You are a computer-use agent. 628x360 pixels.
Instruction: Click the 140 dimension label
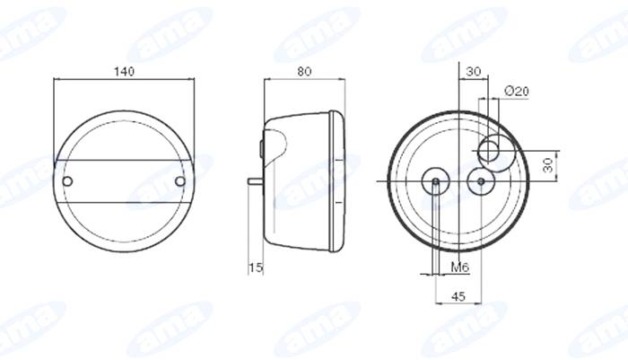click(x=125, y=72)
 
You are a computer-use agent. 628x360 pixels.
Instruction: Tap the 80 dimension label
click(x=304, y=72)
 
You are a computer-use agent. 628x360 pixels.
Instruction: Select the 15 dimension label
click(x=256, y=268)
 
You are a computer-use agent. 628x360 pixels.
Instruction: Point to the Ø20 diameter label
click(x=517, y=92)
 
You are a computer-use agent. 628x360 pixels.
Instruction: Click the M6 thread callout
click(x=459, y=267)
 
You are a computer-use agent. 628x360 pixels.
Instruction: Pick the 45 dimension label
click(x=458, y=296)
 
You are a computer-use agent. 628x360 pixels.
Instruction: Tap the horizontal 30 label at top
click(x=474, y=72)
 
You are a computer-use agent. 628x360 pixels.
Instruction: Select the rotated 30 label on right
click(x=548, y=165)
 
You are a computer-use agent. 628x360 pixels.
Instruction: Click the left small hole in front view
click(x=67, y=181)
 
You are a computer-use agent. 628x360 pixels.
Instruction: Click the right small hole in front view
click(x=180, y=181)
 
